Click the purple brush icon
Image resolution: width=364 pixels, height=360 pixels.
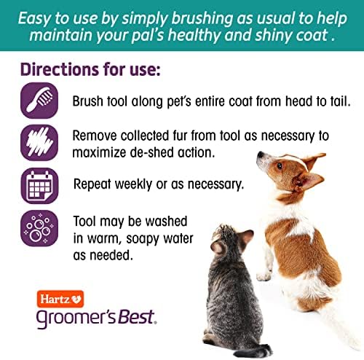(39, 101)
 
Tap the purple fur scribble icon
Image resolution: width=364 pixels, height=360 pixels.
(39, 143)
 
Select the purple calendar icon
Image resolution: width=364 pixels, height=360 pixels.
(39, 186)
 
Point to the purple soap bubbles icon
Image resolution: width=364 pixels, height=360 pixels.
(39, 228)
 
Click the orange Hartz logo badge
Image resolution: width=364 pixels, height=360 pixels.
(60, 299)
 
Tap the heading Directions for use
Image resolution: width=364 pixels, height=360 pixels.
(90, 70)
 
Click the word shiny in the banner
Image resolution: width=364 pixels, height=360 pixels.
(272, 35)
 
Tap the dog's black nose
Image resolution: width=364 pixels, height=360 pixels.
(260, 154)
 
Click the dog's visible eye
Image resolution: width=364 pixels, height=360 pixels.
(280, 166)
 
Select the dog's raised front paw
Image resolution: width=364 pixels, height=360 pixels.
(264, 276)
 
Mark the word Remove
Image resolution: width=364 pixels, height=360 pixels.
(95, 136)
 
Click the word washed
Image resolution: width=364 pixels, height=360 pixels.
(166, 222)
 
